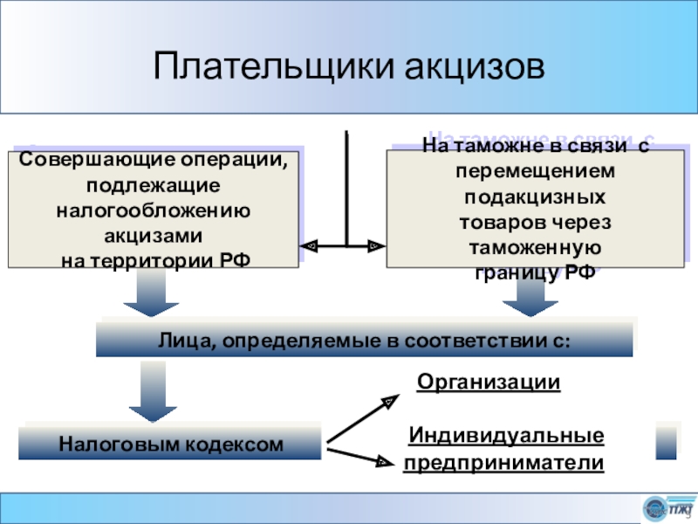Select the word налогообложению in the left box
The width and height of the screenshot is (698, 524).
154,210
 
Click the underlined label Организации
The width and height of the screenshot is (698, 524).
488,383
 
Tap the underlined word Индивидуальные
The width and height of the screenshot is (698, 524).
506,435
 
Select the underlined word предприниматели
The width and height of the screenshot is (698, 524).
503,463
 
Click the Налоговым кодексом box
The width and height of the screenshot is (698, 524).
171,445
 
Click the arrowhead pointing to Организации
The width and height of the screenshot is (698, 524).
389,400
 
